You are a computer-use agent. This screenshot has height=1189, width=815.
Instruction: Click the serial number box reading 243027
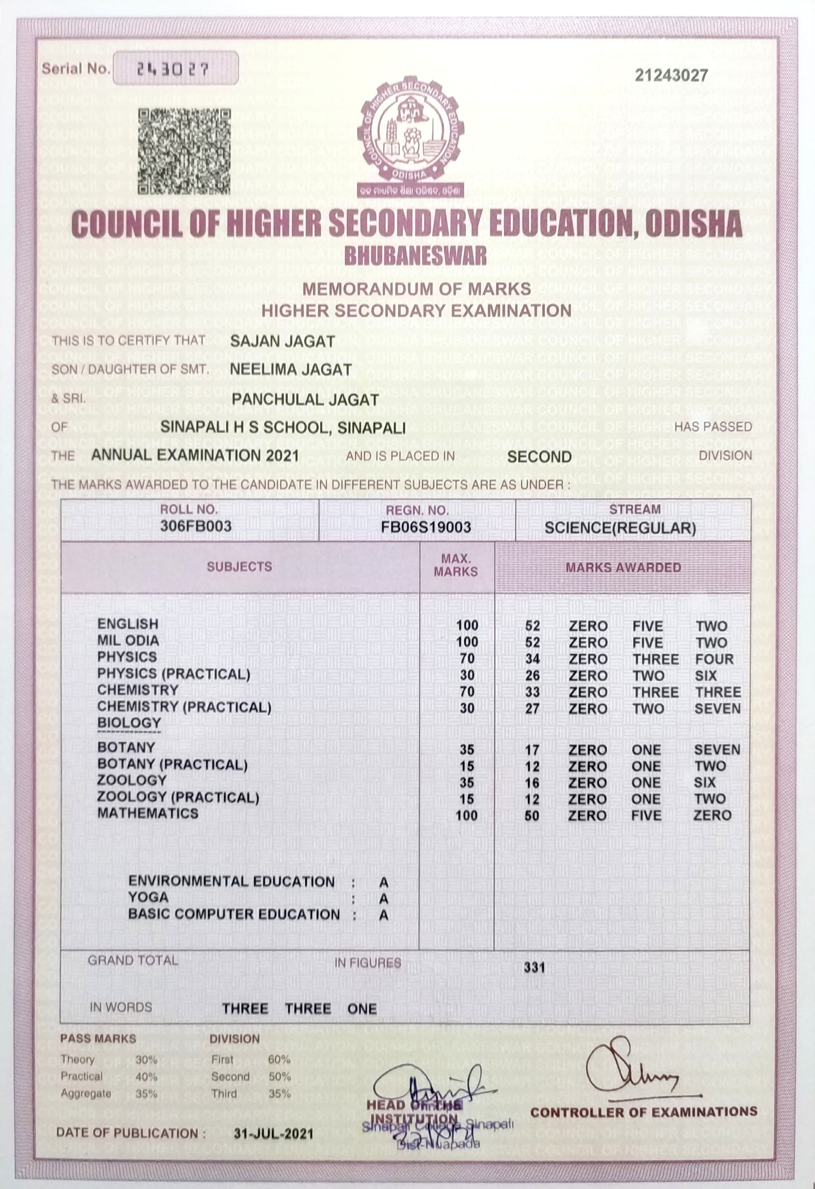(x=175, y=68)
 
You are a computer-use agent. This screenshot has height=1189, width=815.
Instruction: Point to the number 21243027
(x=671, y=76)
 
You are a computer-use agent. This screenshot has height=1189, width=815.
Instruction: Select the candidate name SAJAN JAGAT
(x=282, y=341)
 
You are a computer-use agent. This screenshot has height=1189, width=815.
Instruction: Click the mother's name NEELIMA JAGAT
(x=291, y=369)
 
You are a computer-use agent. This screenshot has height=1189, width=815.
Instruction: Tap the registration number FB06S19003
(x=426, y=527)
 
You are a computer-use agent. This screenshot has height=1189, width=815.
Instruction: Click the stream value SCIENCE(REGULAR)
(x=620, y=528)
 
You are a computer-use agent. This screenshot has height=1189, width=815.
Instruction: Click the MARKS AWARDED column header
(x=623, y=568)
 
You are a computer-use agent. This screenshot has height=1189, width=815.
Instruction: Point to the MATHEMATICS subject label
(x=148, y=813)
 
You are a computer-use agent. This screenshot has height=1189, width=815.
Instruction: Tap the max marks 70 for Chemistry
(x=467, y=692)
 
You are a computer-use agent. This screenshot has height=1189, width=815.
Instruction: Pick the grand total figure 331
(x=534, y=967)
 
